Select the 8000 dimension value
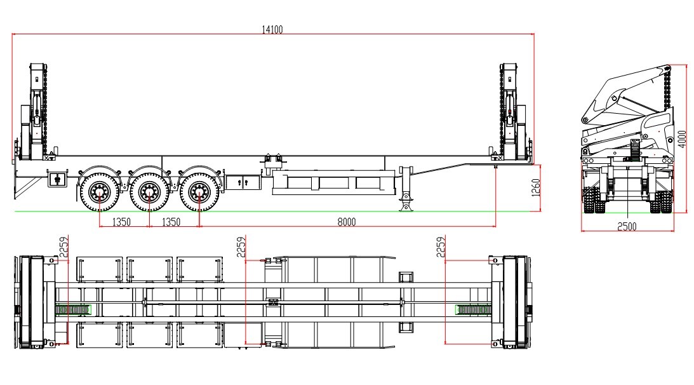(346, 222)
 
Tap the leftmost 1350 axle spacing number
(121, 222)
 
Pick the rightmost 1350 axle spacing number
(171, 222)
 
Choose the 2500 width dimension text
(627, 227)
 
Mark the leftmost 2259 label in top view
(63, 248)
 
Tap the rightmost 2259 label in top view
(441, 248)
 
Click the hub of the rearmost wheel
(99, 190)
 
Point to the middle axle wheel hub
(149, 190)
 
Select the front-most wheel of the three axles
(199, 190)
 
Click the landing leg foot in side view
(404, 207)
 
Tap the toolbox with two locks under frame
(243, 182)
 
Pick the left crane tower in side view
(37, 111)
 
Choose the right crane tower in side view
(510, 111)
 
